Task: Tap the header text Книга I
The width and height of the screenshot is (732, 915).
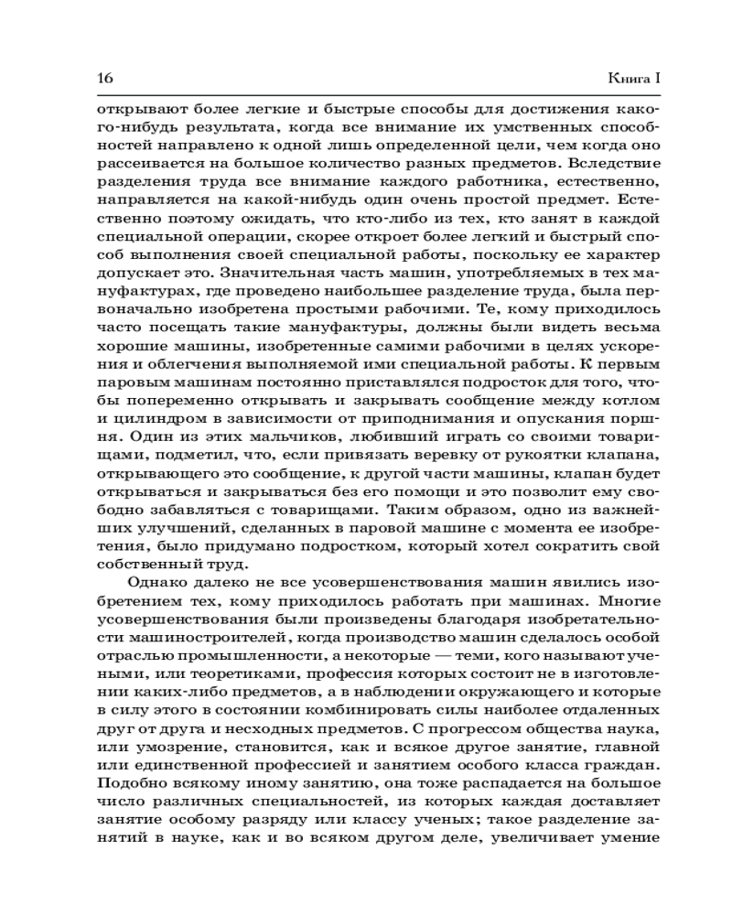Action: (634, 77)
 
